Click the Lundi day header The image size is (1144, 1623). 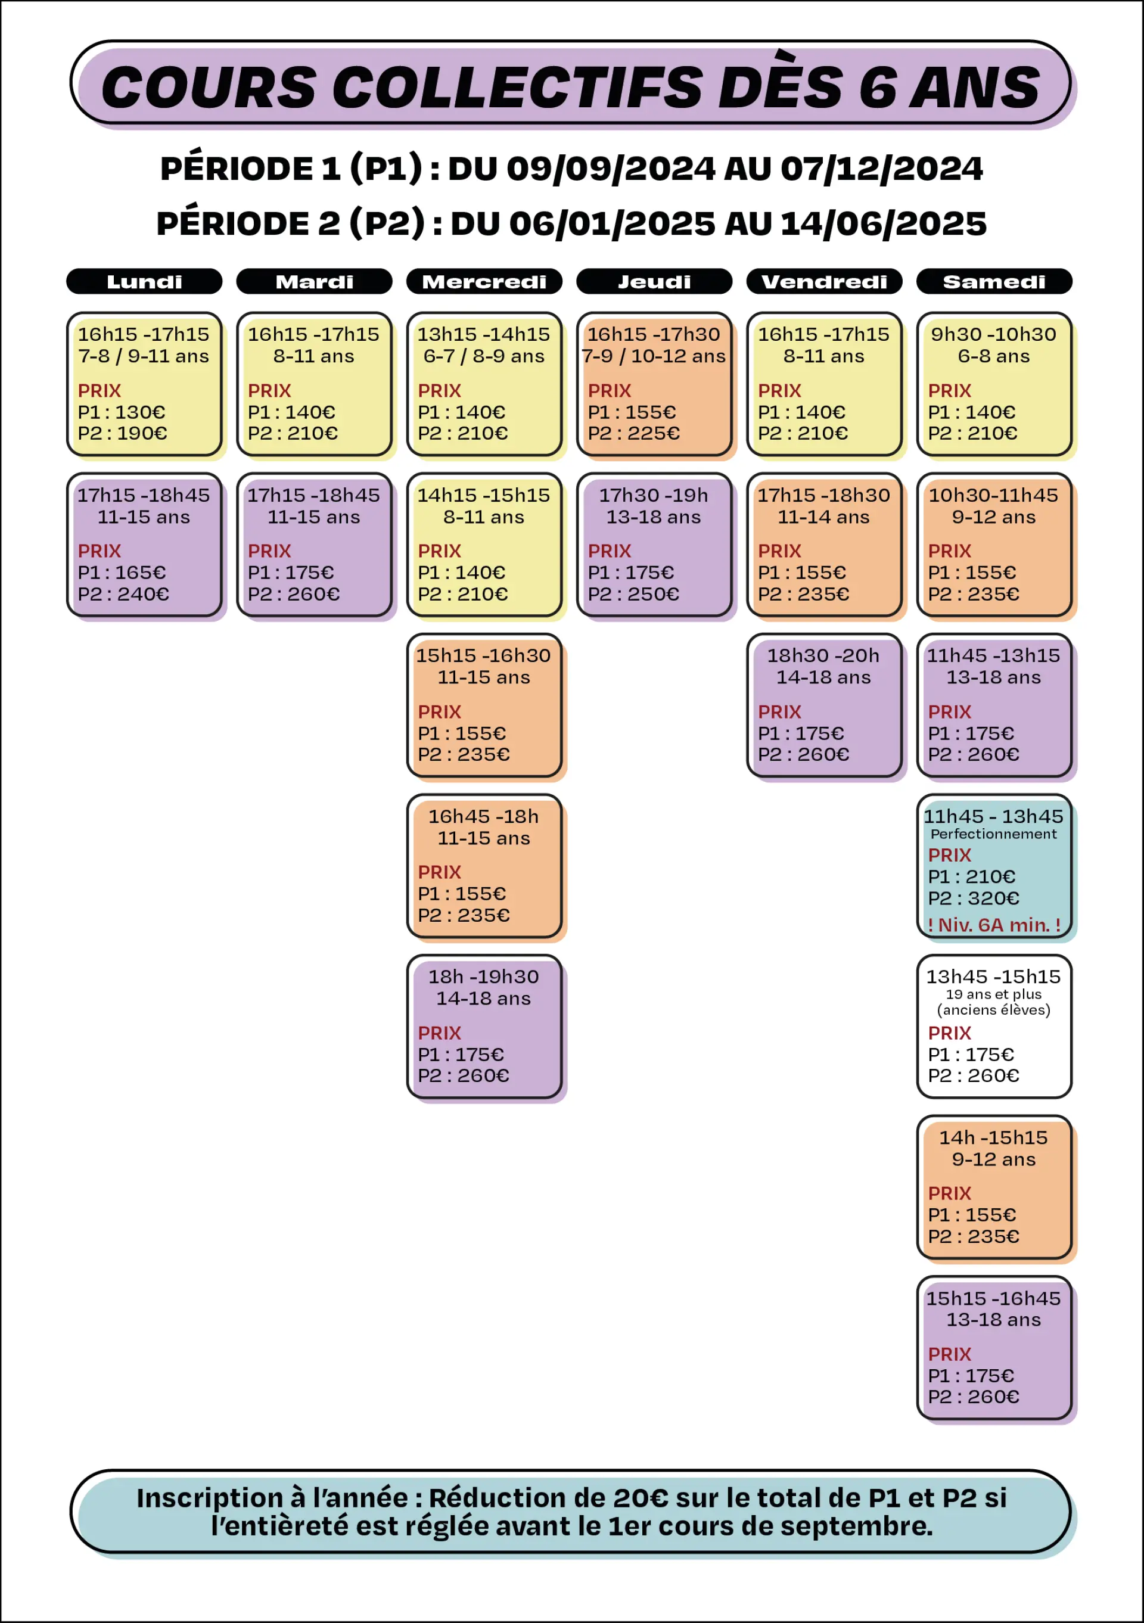click(144, 281)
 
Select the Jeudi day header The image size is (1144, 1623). click(654, 281)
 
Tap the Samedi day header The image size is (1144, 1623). click(994, 281)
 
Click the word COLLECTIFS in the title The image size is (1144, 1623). click(518, 88)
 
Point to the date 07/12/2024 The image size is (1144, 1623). click(882, 169)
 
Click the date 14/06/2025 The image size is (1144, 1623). click(884, 224)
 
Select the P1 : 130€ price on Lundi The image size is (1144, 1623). click(122, 412)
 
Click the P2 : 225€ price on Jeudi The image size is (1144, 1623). click(633, 433)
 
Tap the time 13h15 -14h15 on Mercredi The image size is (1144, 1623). click(484, 334)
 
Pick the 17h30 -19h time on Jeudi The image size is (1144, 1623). click(654, 496)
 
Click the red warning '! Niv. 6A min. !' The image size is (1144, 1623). click(994, 925)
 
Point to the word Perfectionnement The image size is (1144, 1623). click(993, 834)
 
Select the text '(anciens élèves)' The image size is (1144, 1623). click(993, 1010)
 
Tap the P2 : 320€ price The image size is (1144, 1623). click(974, 898)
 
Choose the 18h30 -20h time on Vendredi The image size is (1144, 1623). click(823, 656)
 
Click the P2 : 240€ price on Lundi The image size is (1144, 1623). click(124, 594)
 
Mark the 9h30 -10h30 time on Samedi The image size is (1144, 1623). click(993, 334)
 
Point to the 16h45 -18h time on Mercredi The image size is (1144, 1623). click(484, 816)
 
